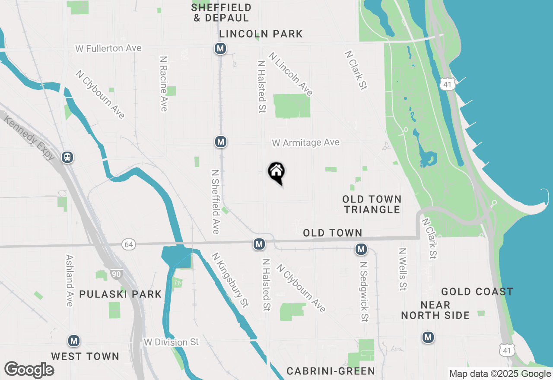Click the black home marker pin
pos(276,172)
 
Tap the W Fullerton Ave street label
pos(108,48)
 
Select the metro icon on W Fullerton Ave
pos(220,48)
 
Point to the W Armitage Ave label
pos(305,142)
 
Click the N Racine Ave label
pos(163,83)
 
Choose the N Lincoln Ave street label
pos(290,74)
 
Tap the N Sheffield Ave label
pos(215,201)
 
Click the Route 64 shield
pos(128,244)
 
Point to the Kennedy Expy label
pos(29,138)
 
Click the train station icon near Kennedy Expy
pos(67,157)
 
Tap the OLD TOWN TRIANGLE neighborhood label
pos(372,204)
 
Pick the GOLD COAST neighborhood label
pos(477,292)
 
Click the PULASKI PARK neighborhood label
pos(120,294)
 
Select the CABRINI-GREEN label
pos(331,370)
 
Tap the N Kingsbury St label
pos(230,280)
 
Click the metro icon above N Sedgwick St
pos(361,249)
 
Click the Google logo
pos(29,370)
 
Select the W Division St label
pos(172,342)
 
